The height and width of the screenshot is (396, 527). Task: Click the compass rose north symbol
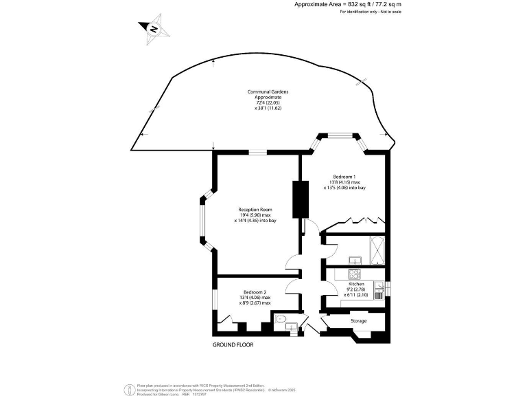154,29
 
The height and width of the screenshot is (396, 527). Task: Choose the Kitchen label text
356,284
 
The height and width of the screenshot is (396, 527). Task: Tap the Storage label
358,321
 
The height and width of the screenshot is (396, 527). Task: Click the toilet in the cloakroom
279,319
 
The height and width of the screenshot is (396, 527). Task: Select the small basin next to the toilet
291,325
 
